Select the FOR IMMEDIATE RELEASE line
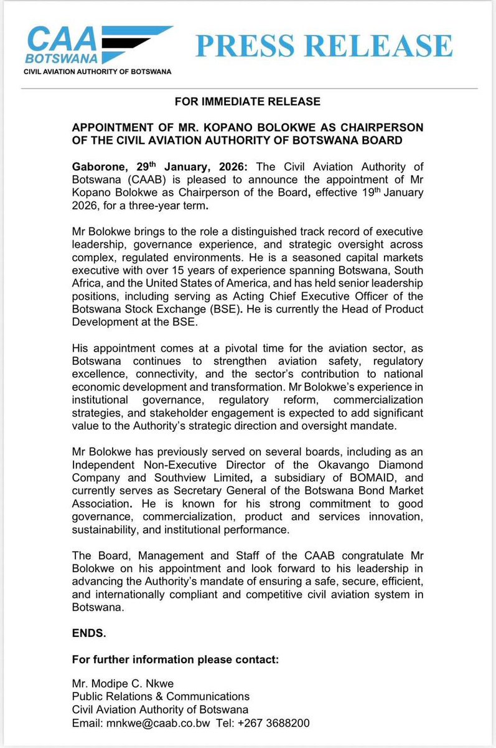pos(248,101)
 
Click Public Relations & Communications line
pos(161,696)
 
